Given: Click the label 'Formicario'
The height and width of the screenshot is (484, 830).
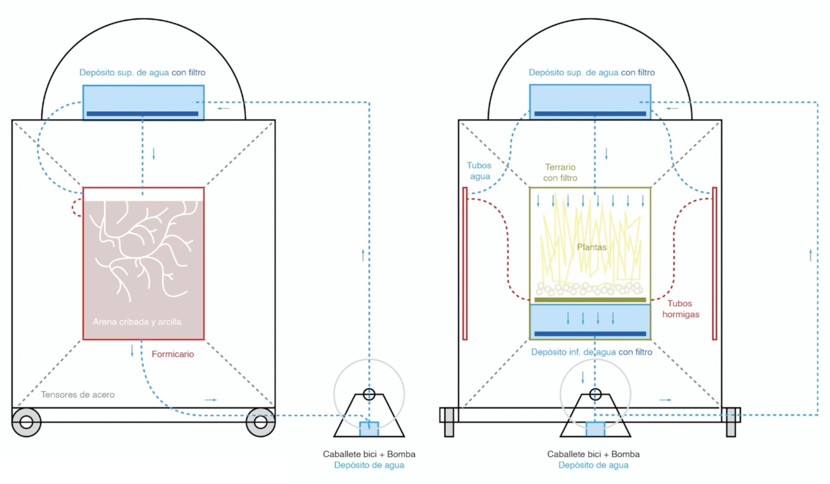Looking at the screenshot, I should pyautogui.click(x=172, y=354).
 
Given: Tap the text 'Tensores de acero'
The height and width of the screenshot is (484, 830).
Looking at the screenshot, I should pyautogui.click(x=78, y=395).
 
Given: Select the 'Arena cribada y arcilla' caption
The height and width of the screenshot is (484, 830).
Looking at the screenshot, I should pyautogui.click(x=137, y=322).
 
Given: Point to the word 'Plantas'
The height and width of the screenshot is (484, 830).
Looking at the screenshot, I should pyautogui.click(x=592, y=247).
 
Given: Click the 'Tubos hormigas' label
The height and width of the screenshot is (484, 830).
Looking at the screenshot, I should pyautogui.click(x=680, y=309).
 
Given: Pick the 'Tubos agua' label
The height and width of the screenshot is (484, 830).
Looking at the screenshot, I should pyautogui.click(x=479, y=171).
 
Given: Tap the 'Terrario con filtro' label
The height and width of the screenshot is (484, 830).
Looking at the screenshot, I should pyautogui.click(x=560, y=173).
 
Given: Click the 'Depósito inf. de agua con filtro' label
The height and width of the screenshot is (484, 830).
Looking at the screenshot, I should pyautogui.click(x=591, y=352).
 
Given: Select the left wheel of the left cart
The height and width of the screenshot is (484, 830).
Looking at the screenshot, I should pyautogui.click(x=26, y=422).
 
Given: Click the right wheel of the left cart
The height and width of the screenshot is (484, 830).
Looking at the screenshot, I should pyautogui.click(x=260, y=422).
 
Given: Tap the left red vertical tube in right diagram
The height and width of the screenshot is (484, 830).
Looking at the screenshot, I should pyautogui.click(x=465, y=264).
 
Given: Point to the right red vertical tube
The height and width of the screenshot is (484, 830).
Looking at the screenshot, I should pyautogui.click(x=714, y=264).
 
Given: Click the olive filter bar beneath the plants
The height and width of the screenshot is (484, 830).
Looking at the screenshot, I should pyautogui.click(x=590, y=300).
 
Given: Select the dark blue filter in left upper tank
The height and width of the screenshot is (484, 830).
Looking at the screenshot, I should pyautogui.click(x=142, y=114).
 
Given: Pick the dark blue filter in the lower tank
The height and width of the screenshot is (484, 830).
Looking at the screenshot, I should pyautogui.click(x=590, y=333).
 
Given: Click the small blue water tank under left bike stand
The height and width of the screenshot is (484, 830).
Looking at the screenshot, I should pyautogui.click(x=369, y=429).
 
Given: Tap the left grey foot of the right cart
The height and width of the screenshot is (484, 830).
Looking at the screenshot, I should pyautogui.click(x=449, y=422).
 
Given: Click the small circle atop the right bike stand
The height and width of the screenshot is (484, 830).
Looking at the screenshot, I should pyautogui.click(x=595, y=394).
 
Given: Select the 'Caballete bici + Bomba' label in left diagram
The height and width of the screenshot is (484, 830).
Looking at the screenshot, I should pyautogui.click(x=369, y=454).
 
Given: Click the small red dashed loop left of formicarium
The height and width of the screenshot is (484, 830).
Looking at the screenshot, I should pyautogui.click(x=76, y=208).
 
